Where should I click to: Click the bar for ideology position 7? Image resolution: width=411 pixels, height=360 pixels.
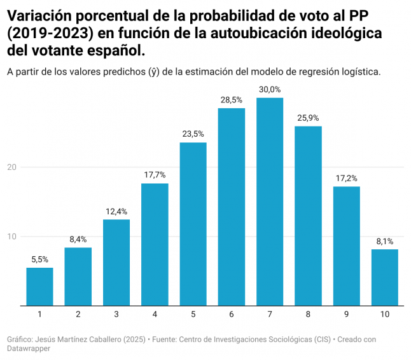270,202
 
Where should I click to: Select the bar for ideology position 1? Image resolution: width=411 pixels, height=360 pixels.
39,286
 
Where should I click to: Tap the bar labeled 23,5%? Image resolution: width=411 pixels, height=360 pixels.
193,224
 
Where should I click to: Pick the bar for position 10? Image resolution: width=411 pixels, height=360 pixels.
385,277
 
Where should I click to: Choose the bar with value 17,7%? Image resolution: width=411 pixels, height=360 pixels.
155,244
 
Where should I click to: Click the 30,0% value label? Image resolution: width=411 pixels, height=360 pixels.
270,90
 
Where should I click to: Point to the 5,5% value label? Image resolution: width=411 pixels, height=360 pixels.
39,260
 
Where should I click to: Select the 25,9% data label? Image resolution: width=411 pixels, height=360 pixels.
308,118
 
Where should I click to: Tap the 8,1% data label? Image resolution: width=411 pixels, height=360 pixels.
385,241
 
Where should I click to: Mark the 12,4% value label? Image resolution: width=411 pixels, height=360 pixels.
116,211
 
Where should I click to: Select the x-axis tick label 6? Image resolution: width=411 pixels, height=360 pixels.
232,314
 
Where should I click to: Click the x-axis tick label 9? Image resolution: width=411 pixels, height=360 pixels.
347,314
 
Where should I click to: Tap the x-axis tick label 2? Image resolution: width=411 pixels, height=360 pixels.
78,314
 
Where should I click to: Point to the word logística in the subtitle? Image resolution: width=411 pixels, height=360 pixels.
361,71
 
